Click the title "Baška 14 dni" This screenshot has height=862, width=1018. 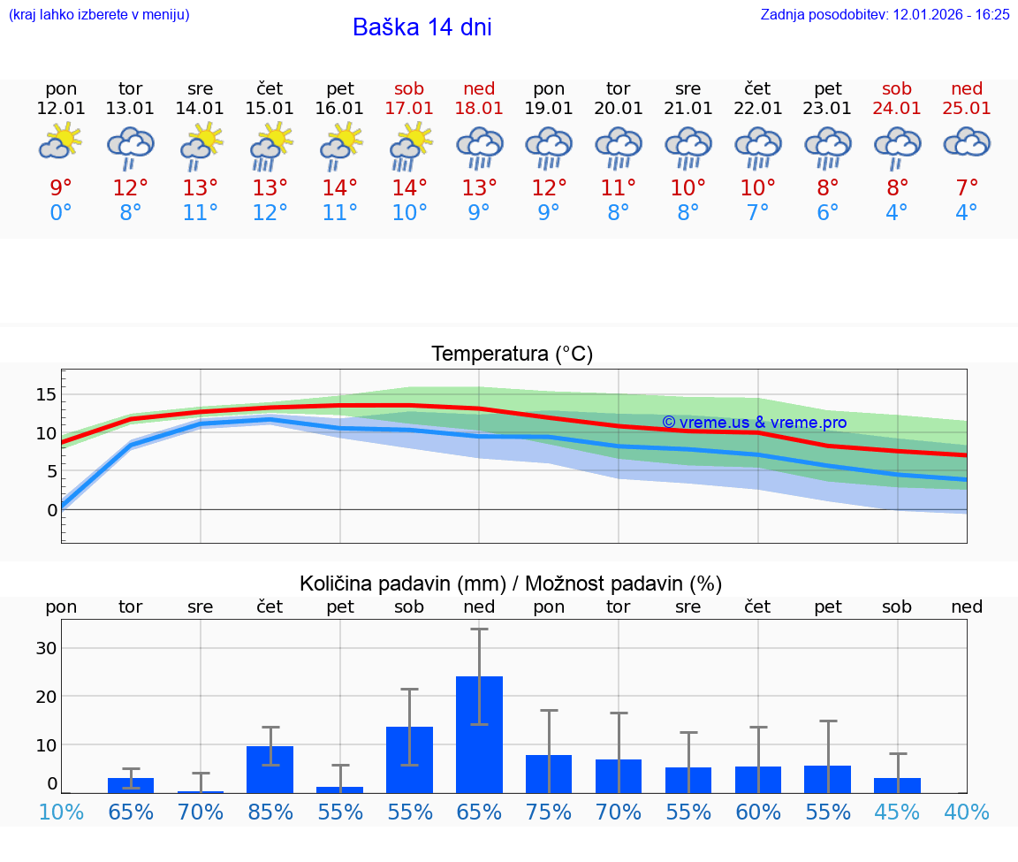422,27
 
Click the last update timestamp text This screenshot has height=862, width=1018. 885,14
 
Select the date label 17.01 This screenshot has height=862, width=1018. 409,108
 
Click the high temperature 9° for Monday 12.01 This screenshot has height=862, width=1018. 61,187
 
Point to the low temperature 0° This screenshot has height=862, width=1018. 61,212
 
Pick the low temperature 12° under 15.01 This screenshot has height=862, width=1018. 270,212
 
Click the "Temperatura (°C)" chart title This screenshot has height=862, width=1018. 512,355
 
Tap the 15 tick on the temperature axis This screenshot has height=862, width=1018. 46,394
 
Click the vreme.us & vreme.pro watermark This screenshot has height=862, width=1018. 754,423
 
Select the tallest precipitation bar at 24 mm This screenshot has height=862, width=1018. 479,734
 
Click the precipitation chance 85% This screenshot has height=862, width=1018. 270,812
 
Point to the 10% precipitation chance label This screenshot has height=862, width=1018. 61,812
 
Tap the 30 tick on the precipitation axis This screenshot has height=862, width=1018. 46,648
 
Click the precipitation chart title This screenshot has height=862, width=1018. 511,584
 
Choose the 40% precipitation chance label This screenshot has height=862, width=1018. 967,812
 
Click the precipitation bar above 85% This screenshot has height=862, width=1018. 270,769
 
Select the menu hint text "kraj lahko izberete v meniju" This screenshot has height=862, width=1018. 99,14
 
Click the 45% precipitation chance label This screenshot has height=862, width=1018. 897,812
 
